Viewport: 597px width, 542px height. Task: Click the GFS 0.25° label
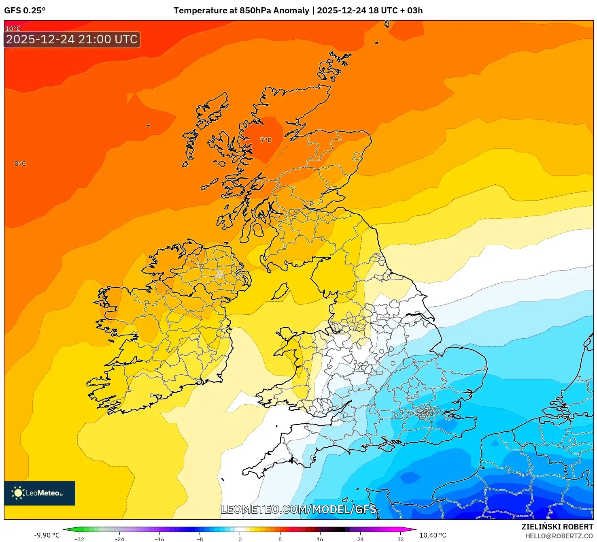[25, 11]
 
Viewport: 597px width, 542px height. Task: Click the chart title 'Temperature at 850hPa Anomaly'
[241, 11]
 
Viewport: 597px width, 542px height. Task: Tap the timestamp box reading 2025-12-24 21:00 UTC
[72, 40]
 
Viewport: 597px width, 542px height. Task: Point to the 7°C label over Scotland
[266, 140]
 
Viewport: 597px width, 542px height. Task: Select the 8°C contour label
[20, 164]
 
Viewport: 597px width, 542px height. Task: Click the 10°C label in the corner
[13, 28]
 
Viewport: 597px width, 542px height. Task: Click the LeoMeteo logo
[40, 493]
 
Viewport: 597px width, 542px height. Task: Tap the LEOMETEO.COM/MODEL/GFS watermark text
[298, 509]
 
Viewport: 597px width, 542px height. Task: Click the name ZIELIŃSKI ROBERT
[557, 527]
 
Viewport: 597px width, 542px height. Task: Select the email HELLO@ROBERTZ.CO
[559, 536]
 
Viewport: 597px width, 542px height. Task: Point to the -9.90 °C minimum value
[47, 535]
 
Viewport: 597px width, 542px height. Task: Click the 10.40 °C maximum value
[433, 535]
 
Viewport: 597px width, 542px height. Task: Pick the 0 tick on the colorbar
[240, 539]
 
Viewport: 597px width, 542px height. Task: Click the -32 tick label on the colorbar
[79, 539]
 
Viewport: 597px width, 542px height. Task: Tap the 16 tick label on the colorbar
[320, 539]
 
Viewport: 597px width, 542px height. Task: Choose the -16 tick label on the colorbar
[159, 539]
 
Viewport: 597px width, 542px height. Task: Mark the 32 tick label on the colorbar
[400, 539]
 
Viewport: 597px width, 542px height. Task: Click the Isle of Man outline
[280, 292]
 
